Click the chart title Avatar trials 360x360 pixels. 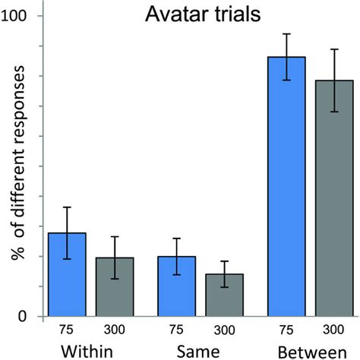point(204,15)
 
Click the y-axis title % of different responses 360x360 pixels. point(17,163)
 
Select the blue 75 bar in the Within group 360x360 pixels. point(67,275)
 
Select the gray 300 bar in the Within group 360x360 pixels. point(114,287)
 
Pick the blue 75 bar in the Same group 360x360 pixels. point(176,286)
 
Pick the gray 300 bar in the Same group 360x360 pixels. point(223,295)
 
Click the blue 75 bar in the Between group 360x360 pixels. point(287,187)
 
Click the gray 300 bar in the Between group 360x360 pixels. point(334,198)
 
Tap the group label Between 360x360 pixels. point(310,351)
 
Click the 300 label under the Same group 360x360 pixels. point(223,330)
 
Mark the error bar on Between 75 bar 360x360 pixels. point(287,57)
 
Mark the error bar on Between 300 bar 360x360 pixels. point(334,81)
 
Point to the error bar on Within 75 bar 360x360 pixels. point(67,233)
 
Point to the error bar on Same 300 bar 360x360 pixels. point(223,274)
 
